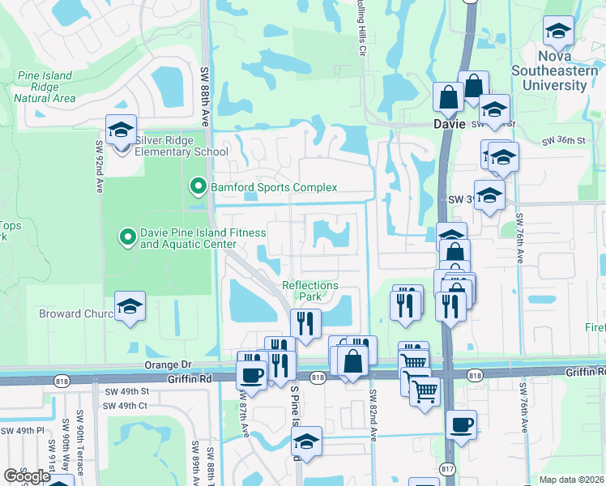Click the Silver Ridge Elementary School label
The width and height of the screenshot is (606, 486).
[x=181, y=146]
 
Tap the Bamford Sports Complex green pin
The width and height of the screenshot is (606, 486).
[x=197, y=187]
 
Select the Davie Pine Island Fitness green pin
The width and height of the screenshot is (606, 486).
[x=126, y=237]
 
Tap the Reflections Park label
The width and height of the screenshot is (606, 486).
[x=309, y=291]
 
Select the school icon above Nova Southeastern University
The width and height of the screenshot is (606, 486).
[x=557, y=32]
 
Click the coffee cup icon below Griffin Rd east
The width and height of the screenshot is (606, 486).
[x=461, y=424]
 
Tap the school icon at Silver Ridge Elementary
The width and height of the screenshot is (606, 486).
[x=121, y=130]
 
